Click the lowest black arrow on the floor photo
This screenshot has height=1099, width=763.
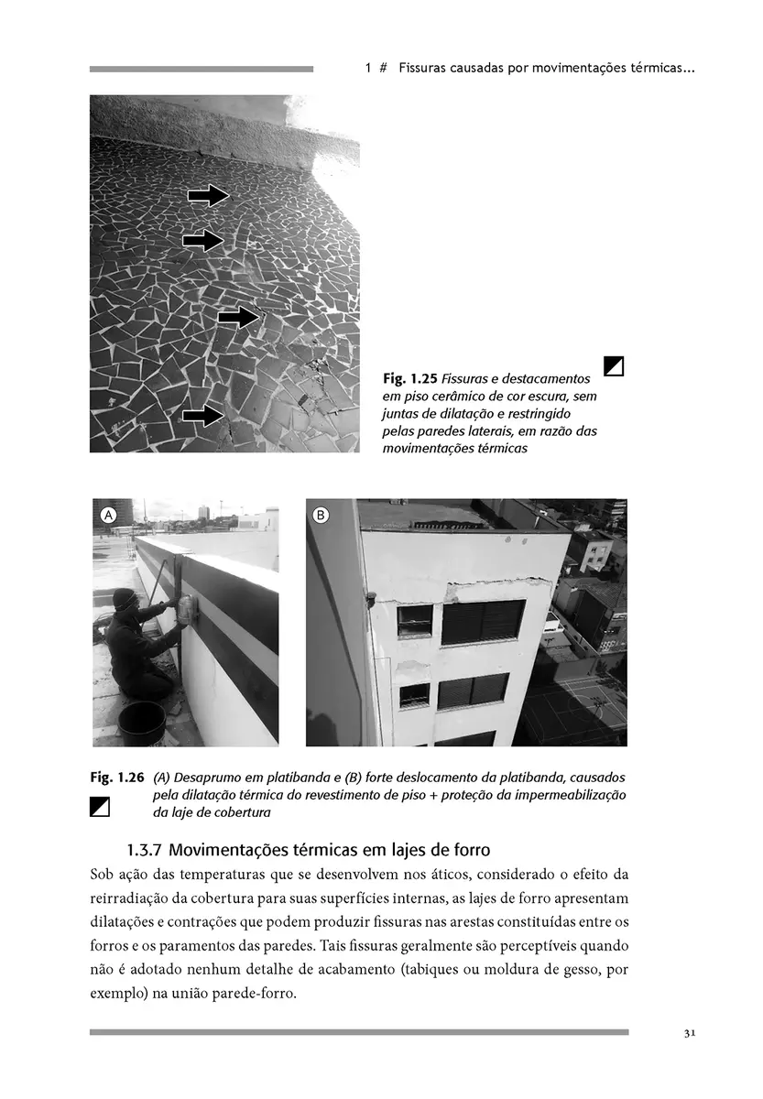pos(203,416)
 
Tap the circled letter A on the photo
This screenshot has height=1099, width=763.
pos(107,516)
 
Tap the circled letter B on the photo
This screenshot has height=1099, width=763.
pos(321,516)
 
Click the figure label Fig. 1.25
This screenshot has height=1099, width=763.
pos(409,378)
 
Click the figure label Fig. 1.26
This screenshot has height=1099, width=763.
pos(117,778)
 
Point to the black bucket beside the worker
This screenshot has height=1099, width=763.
pos(142,720)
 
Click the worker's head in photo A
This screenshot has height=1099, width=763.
pos(125,599)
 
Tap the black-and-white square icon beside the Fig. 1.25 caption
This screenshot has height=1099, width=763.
pos(615,366)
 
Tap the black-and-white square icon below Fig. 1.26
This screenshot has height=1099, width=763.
pos(100,807)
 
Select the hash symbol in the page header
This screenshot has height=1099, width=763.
pos(384,69)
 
